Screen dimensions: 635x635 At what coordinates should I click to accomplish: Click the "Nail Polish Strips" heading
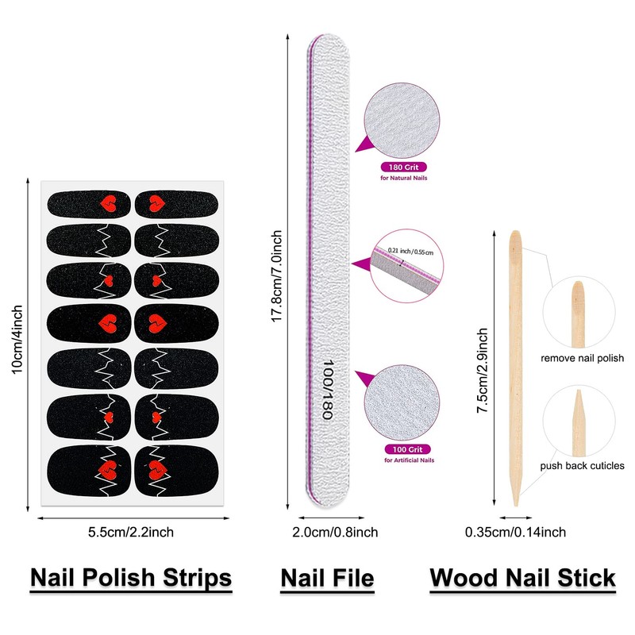[131, 578]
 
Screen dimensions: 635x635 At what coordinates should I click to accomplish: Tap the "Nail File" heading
[327, 578]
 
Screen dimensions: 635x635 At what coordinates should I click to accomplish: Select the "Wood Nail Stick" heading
[522, 578]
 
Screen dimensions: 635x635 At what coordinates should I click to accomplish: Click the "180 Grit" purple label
[404, 167]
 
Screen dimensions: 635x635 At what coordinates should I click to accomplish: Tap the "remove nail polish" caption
[583, 359]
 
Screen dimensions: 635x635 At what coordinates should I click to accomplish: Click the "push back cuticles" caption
[583, 466]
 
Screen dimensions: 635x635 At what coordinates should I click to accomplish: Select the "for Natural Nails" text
[404, 179]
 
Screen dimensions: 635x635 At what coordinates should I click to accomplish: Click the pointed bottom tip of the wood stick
[515, 502]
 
